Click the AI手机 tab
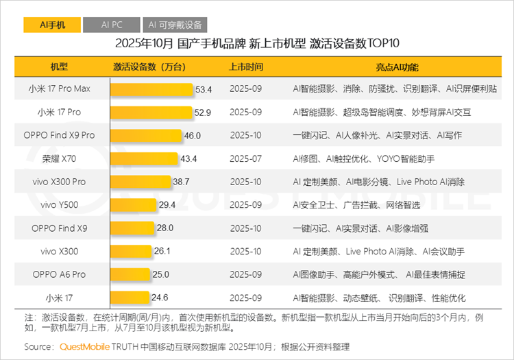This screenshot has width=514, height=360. point(51,25)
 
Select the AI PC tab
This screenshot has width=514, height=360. point(111,25)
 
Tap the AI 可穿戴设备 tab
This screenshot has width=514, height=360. point(176,25)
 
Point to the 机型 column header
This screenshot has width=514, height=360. point(59,67)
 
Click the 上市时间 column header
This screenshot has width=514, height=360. point(246,67)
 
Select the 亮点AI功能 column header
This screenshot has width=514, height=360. point(397,67)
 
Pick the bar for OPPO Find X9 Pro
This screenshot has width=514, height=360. point(146,136)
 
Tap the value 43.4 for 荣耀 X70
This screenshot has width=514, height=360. point(188,159)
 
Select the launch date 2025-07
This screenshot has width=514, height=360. point(246,159)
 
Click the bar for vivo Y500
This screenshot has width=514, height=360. point(133,205)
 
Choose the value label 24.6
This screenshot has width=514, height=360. point(160,298)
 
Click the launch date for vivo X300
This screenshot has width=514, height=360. point(246,252)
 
